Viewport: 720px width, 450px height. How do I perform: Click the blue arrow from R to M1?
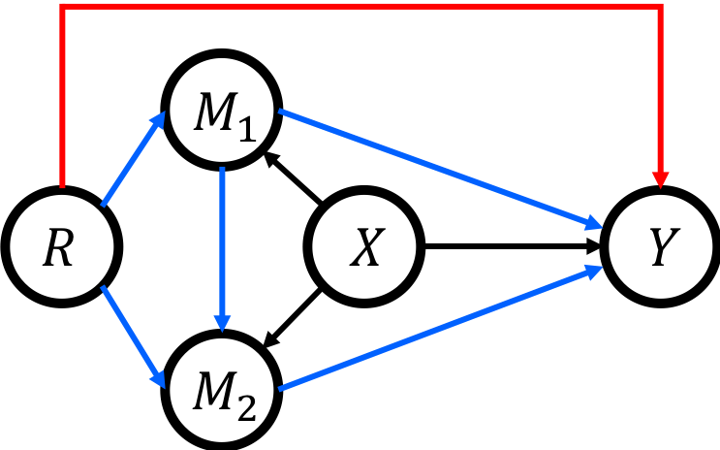pyautogui.click(x=131, y=161)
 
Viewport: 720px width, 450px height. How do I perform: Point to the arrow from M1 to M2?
pyautogui.click(x=222, y=242)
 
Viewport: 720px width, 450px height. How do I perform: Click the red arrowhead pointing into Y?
pyautogui.click(x=661, y=179)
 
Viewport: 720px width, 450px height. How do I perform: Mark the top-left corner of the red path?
pyautogui.click(x=62, y=7)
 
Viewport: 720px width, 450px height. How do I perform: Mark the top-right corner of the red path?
pyautogui.click(x=661, y=7)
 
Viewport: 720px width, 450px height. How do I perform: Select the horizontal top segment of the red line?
pyautogui.click(x=359, y=7)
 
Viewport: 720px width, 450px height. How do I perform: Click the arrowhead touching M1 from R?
pyautogui.click(x=160, y=120)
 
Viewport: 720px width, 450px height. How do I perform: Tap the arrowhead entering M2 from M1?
pyautogui.click(x=222, y=322)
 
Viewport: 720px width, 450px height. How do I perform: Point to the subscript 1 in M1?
pyautogui.click(x=246, y=130)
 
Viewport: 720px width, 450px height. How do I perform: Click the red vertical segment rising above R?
pyautogui.click(x=62, y=97)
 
